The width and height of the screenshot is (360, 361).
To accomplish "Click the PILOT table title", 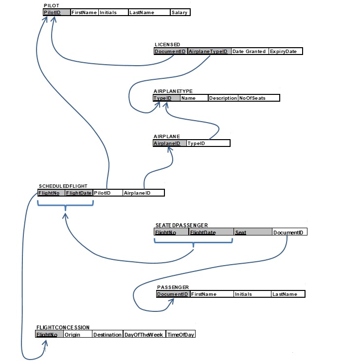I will pyautogui.click(x=51, y=5).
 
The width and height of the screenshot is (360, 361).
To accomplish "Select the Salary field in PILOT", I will pyautogui.click(x=180, y=12).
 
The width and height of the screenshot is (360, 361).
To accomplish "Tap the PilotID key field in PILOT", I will pyautogui.click(x=53, y=12).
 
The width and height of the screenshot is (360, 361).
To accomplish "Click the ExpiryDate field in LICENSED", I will pyautogui.click(x=286, y=51).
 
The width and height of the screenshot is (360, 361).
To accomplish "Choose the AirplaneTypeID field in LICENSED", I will pyautogui.click(x=209, y=51).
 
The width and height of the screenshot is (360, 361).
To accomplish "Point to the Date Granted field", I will pyautogui.click(x=250, y=51).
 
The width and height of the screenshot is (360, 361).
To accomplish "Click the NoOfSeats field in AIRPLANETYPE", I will pyautogui.click(x=258, y=98).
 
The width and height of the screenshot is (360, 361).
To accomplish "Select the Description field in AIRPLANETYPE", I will pyautogui.click(x=223, y=98).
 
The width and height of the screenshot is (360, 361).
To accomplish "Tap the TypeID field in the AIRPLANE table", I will pyautogui.click(x=208, y=144).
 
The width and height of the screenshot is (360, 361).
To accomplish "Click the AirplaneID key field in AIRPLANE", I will pyautogui.click(x=169, y=144).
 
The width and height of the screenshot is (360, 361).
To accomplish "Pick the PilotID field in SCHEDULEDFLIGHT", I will pyautogui.click(x=108, y=193).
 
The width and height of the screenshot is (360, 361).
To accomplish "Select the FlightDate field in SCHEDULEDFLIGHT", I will pyautogui.click(x=79, y=193).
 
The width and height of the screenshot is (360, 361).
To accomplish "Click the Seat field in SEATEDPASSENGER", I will pyautogui.click(x=252, y=233).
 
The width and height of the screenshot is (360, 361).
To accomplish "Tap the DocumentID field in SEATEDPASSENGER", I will pyautogui.click(x=289, y=233).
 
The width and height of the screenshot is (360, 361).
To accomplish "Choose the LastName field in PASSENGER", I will pyautogui.click(x=288, y=294).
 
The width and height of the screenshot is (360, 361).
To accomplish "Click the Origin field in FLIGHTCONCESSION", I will pyautogui.click(x=77, y=335).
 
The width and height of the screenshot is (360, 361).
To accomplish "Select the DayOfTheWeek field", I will pyautogui.click(x=144, y=335).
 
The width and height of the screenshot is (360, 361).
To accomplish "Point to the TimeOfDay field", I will pyautogui.click(x=180, y=335).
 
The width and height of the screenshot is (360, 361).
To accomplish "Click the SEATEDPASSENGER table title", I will pyautogui.click(x=181, y=225).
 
